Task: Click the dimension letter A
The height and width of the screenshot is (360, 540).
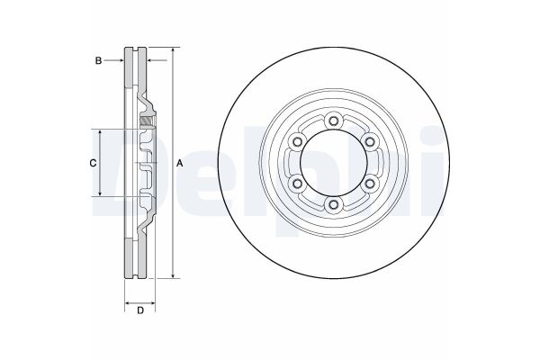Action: (180, 163)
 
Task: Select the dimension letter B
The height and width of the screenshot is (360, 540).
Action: (98, 60)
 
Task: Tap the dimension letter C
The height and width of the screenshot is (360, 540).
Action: (92, 163)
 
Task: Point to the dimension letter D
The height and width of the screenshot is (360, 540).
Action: (140, 310)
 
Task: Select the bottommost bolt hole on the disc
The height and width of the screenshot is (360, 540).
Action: (333, 206)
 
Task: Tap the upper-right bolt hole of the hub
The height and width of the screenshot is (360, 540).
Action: (370, 141)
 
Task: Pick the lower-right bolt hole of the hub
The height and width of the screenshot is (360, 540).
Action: (370, 184)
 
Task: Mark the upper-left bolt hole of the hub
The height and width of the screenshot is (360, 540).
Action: (296, 141)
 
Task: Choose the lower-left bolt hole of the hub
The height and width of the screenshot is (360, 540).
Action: (296, 184)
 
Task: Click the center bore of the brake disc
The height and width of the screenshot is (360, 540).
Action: (333, 163)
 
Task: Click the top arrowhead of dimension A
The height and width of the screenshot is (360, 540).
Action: (171, 49)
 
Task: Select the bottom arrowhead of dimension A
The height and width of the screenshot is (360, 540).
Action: (171, 277)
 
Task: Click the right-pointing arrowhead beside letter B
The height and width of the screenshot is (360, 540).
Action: (120, 60)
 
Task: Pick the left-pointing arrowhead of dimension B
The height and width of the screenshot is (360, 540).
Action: (148, 60)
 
